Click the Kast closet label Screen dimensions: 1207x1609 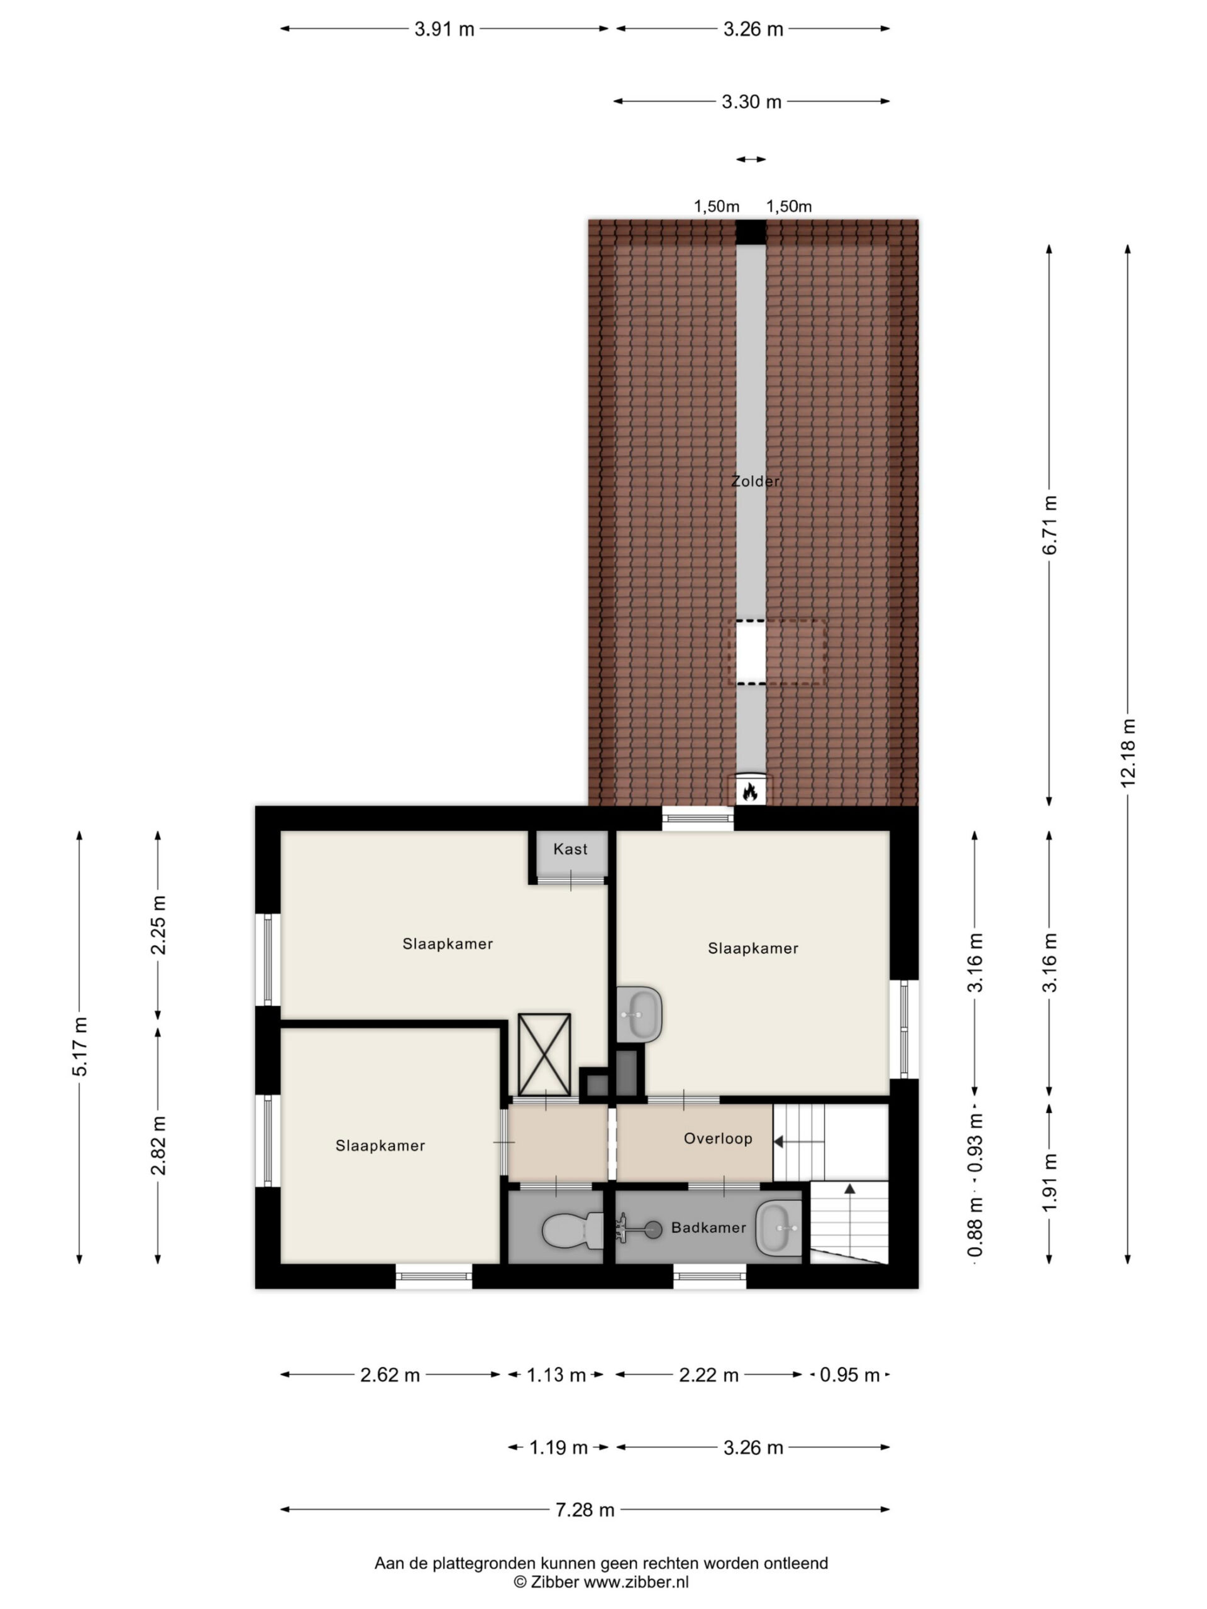[570, 849]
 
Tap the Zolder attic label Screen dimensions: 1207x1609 [755, 481]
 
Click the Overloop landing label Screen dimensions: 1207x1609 [717, 1138]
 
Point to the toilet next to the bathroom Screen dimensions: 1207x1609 [573, 1230]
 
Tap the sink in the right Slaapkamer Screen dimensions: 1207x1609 [639, 1014]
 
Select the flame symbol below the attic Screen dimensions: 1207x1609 [749, 791]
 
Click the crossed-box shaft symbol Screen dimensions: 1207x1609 [544, 1055]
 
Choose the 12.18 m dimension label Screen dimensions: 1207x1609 [1128, 753]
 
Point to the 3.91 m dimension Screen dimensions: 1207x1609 [444, 29]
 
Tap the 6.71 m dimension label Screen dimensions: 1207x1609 [1049, 525]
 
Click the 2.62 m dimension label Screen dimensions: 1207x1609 [390, 1375]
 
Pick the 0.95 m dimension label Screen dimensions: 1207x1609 [850, 1375]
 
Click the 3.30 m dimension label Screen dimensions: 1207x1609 [752, 102]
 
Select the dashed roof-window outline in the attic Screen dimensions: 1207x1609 [777, 652]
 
